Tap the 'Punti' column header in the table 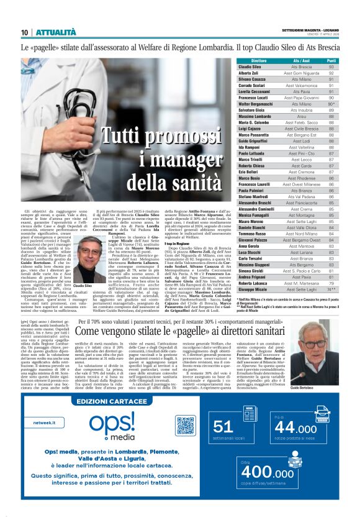(x=331, y=61)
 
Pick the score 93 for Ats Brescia (x=331, y=66)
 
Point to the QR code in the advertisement (x=185, y=425)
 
